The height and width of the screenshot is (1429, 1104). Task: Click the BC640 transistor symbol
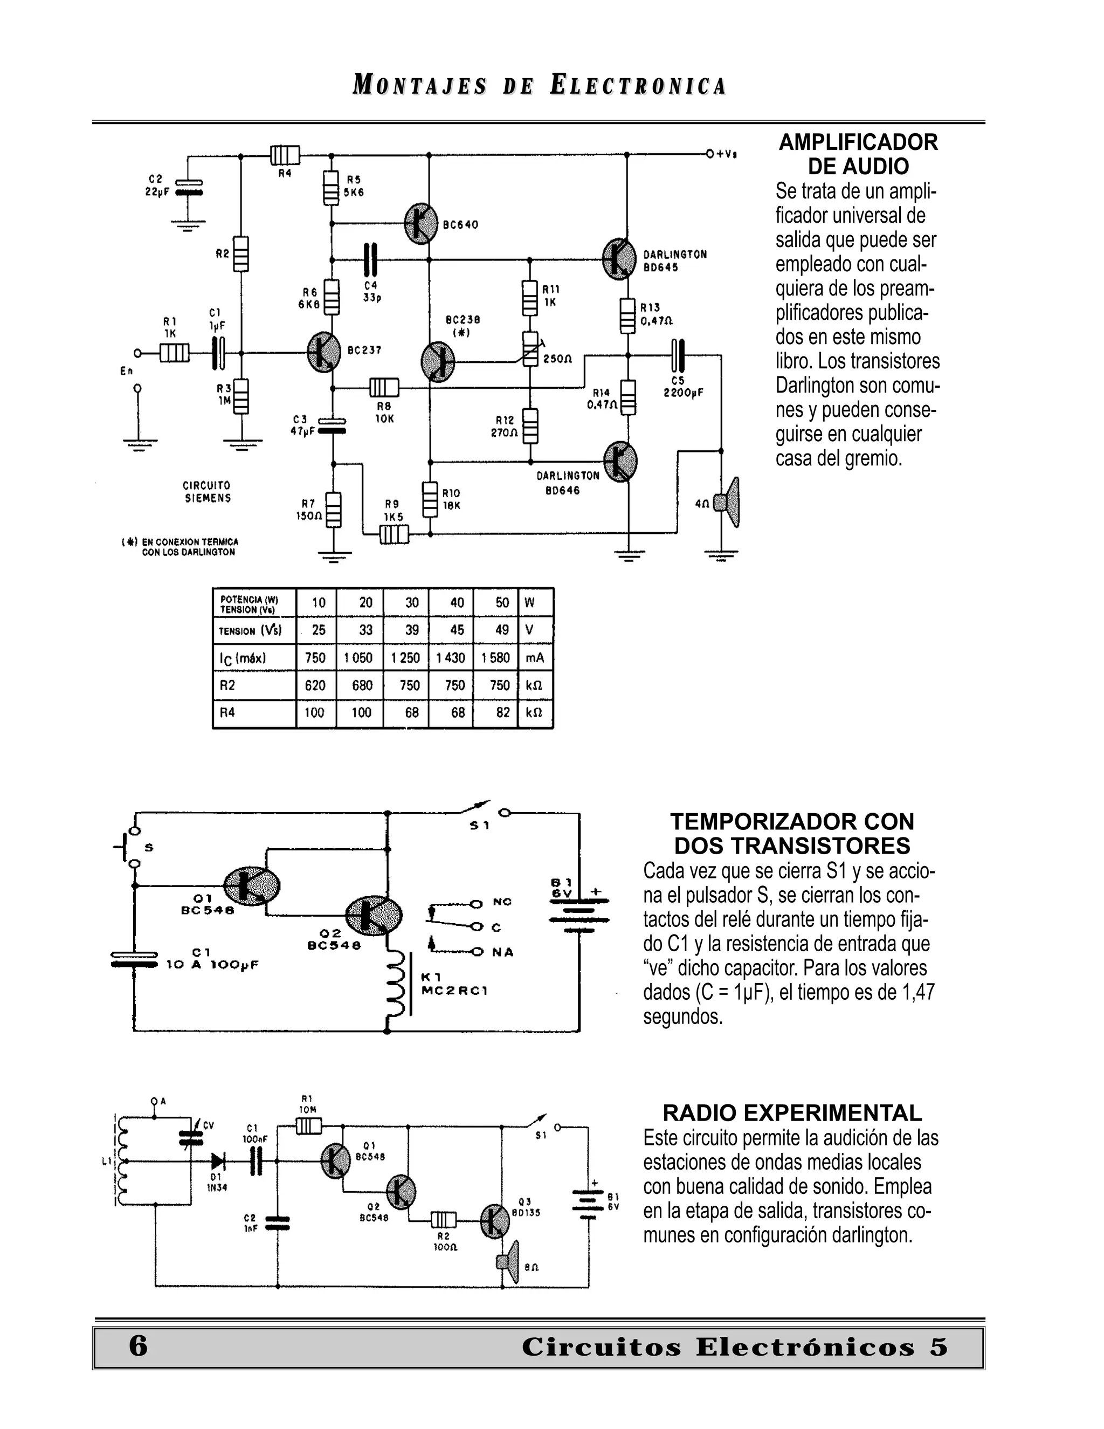(x=420, y=224)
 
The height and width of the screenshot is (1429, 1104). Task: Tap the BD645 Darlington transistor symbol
(x=618, y=259)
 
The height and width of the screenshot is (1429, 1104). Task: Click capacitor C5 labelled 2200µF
(x=678, y=355)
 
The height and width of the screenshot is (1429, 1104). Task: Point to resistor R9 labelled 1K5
(x=394, y=535)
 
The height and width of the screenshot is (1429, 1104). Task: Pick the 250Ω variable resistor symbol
(x=530, y=347)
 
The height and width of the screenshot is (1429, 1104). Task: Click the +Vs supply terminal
(x=710, y=154)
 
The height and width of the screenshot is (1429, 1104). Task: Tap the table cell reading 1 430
(x=451, y=657)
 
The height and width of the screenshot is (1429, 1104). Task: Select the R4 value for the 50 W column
(x=502, y=712)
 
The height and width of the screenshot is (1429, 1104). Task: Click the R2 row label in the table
(x=227, y=685)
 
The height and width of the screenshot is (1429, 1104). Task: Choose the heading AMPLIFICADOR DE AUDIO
(x=858, y=154)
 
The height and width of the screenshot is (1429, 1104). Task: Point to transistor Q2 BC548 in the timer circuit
(x=374, y=916)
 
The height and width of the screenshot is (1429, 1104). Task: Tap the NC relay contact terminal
(x=477, y=904)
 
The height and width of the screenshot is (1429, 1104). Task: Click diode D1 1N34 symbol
(x=218, y=1162)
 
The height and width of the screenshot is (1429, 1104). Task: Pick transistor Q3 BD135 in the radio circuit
(x=494, y=1220)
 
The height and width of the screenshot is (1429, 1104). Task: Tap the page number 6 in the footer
(x=138, y=1346)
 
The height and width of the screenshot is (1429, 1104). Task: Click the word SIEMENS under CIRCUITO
(x=208, y=498)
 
